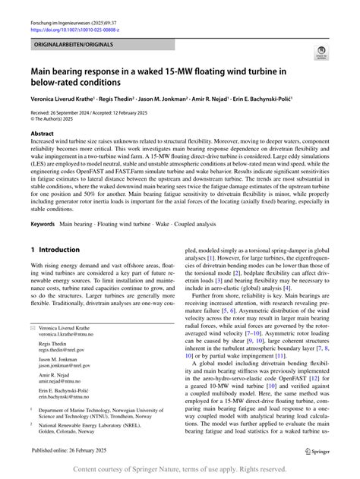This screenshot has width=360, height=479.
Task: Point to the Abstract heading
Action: [x=43, y=131]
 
